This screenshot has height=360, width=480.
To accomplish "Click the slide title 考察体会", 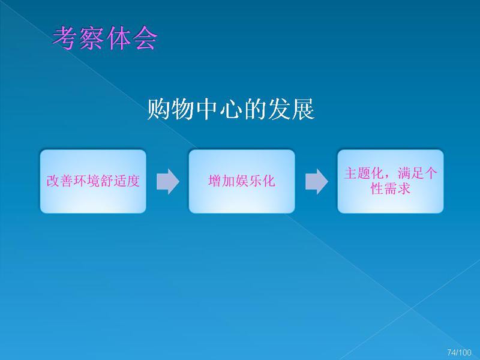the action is pos(105,38).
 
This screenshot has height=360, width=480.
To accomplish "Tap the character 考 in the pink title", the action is pos(65,38).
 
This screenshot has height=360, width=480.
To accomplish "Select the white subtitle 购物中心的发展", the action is pos(231,109).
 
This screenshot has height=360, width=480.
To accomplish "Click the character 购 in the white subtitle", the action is pos(158,109).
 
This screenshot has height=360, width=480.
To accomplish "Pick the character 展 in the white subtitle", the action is pos(303,109).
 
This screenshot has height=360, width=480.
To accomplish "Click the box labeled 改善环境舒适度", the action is pos(93,181).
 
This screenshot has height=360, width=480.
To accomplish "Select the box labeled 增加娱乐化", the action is pos(242,181).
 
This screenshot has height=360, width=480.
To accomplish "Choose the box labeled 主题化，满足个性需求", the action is pos(391,181).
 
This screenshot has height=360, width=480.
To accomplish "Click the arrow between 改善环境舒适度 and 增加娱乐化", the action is pos(168,181).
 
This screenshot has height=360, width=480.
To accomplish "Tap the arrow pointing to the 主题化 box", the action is pos(317,181).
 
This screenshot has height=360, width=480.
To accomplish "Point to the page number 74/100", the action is pos(459,352).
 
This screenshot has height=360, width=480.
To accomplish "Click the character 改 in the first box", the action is pos(53,181).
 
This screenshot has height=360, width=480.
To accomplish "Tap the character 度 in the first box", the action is pos(133,181).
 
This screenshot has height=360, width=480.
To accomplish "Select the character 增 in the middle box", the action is pos(215,181).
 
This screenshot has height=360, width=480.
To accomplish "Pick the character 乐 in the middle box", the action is pos(256,181).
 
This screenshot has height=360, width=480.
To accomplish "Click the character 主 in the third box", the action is pos(350,173).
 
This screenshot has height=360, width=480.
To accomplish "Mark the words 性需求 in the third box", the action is pos(391,188).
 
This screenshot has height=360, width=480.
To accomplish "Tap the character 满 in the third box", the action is pos(404,173).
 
